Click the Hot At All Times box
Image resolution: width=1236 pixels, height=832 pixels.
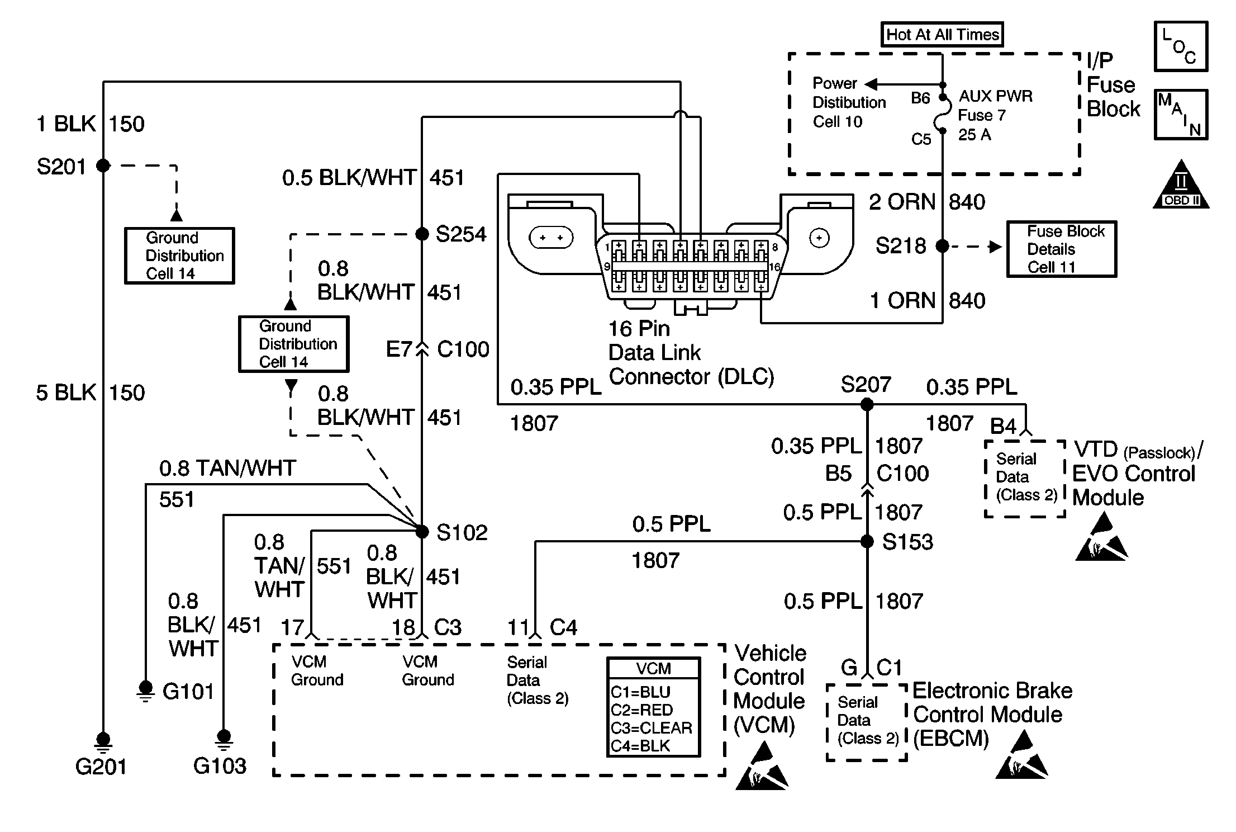coord(942,35)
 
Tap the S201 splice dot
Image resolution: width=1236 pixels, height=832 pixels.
coord(103,166)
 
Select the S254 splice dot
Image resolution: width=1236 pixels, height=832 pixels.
coord(422,234)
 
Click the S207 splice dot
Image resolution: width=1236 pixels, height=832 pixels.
coord(867,404)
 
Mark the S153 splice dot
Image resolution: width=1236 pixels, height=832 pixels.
coord(867,541)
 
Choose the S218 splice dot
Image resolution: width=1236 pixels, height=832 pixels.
coord(942,246)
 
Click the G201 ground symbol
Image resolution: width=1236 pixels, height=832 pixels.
coord(103,741)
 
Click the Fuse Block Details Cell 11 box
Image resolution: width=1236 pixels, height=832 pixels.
coord(1061,249)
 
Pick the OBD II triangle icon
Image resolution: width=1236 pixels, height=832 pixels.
coord(1181,186)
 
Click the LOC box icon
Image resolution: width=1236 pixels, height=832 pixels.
coord(1181,46)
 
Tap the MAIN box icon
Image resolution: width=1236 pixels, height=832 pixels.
coord(1181,115)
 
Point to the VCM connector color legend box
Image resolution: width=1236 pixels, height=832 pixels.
coord(653,707)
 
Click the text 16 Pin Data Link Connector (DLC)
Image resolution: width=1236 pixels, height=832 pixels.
coord(691,353)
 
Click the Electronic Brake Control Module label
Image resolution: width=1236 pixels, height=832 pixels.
coord(992,715)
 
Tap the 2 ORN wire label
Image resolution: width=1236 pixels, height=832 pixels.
coord(902,202)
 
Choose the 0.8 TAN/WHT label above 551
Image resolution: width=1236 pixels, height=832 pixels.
coord(227,469)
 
